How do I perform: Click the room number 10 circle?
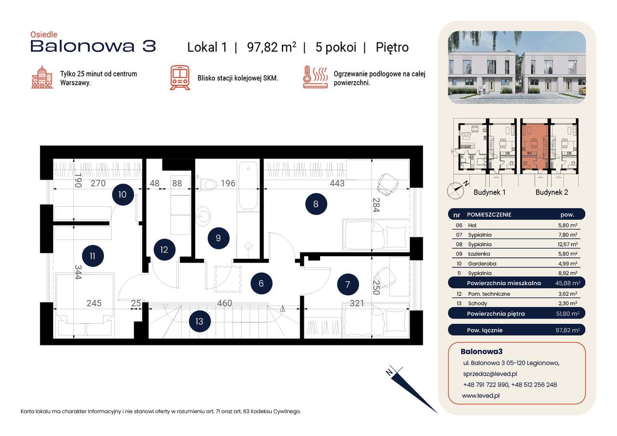pos(122,195)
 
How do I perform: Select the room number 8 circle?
pos(316,204)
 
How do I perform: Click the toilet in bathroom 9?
pos(209,185)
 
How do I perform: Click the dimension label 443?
pos(337,184)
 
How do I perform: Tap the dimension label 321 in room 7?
pos(357,304)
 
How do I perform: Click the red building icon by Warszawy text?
pos(42,78)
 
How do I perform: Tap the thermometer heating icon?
pos(315,78)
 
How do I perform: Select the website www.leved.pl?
pos(480,395)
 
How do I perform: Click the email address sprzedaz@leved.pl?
pos(490,373)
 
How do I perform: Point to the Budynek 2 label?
pos(551,192)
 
